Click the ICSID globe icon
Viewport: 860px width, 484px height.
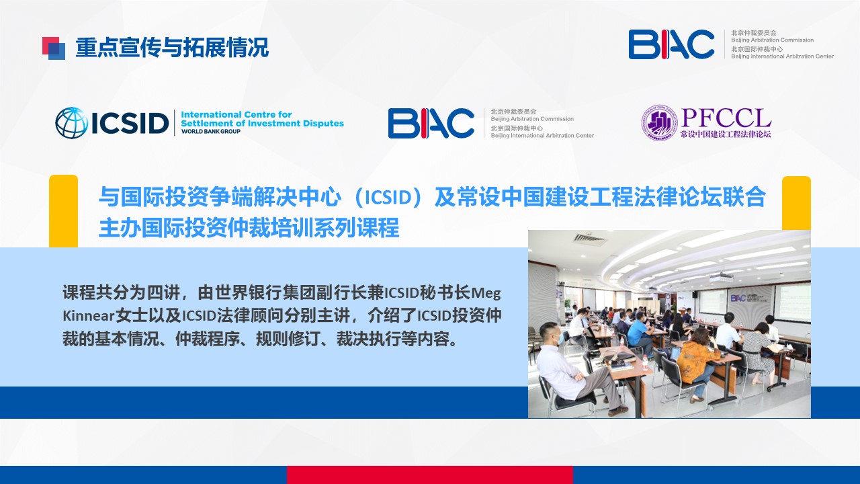click(x=71, y=122)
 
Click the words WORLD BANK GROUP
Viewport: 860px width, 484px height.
click(x=211, y=131)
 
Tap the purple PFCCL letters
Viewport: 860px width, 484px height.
click(x=726, y=118)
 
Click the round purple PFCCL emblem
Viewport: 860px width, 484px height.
click(x=660, y=122)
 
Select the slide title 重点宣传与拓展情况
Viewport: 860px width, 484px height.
click(x=172, y=48)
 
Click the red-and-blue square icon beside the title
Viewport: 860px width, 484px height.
click(x=54, y=48)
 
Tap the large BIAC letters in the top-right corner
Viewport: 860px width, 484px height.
click(x=671, y=44)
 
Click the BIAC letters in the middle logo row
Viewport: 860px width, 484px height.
click(x=431, y=123)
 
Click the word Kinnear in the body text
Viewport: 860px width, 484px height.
click(x=89, y=316)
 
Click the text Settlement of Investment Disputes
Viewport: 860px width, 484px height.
click(x=262, y=123)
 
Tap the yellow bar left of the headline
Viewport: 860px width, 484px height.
click(x=63, y=211)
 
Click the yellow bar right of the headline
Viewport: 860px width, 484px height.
click(x=796, y=203)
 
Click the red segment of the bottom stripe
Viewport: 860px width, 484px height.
click(x=429, y=475)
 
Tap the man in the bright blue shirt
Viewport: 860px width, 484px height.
click(x=638, y=333)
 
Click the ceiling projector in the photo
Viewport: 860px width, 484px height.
click(x=722, y=277)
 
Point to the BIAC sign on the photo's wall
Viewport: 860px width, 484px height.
click(x=738, y=298)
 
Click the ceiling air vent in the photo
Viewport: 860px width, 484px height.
click(x=589, y=239)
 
